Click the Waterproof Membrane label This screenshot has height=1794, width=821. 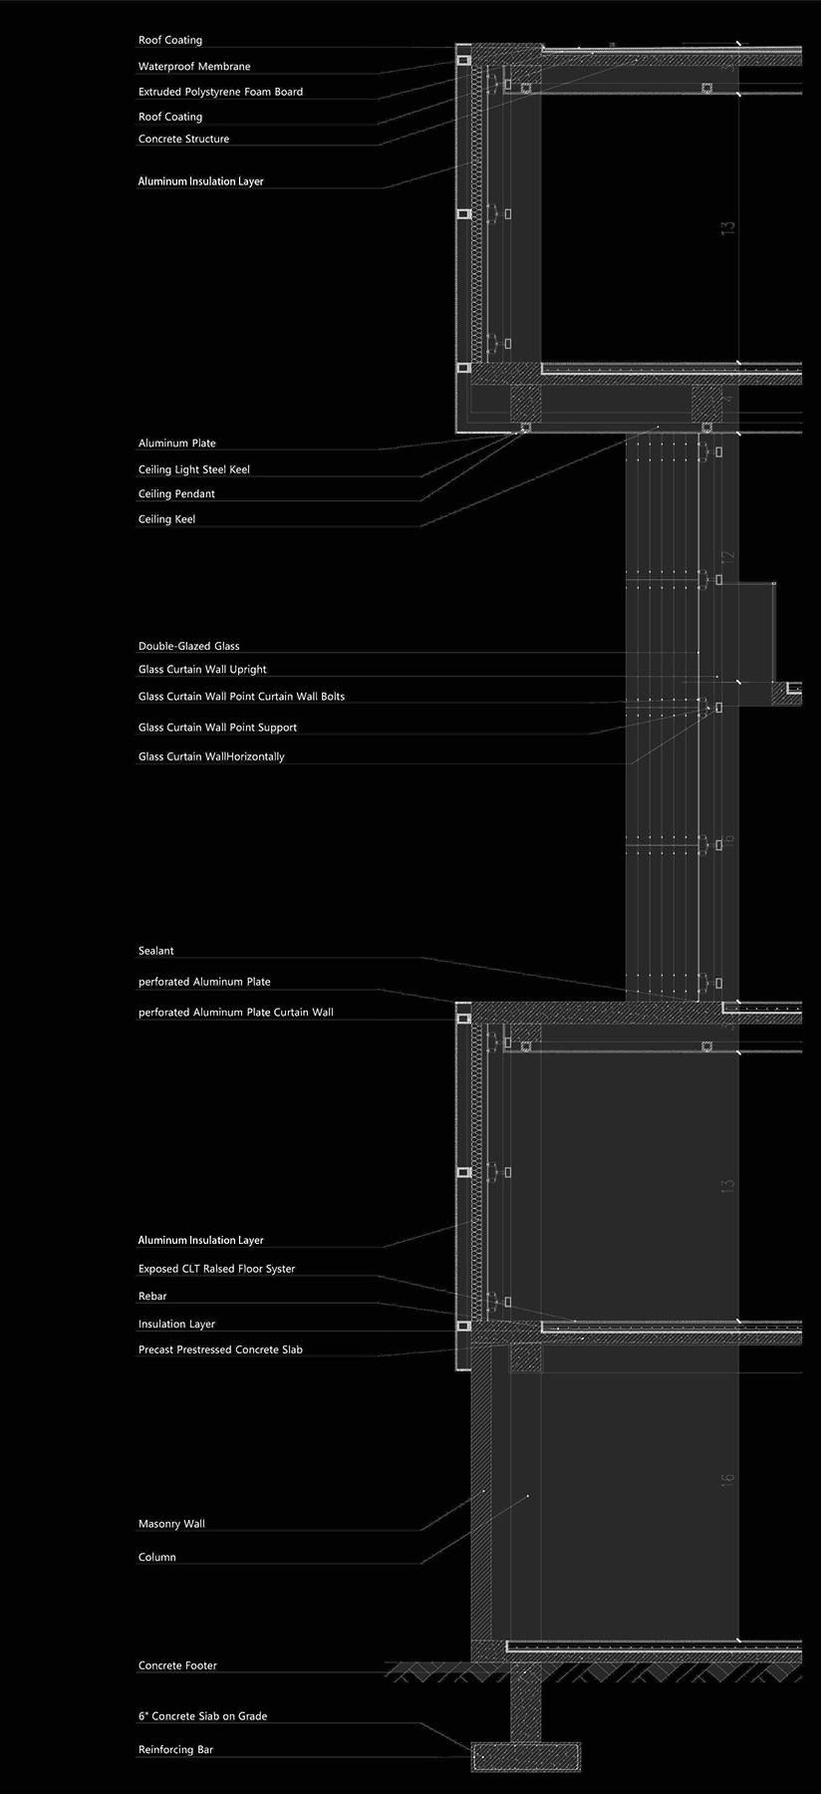tap(194, 67)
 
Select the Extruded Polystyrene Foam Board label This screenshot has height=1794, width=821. tap(220, 92)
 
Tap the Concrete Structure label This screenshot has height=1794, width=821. tap(183, 140)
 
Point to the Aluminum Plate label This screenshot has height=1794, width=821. tap(176, 444)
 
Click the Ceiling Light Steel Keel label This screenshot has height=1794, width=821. tap(194, 469)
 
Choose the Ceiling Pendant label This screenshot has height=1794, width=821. tap(176, 494)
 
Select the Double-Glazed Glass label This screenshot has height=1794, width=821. tap(188, 647)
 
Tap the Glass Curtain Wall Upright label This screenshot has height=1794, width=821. tap(202, 670)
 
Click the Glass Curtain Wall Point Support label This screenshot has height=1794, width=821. tap(217, 728)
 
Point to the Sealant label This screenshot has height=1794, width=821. tap(155, 951)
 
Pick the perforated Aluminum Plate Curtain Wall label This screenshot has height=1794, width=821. tap(235, 1013)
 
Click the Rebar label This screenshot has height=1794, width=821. tap(152, 1297)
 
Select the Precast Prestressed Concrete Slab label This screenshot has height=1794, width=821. tap(220, 1349)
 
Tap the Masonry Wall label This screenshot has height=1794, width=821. tap(171, 1524)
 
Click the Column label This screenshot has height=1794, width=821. tap(156, 1557)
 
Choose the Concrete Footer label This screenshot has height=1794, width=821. tap(177, 1665)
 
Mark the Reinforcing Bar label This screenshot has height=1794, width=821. tap(175, 1749)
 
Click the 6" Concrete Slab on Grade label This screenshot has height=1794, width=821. tap(202, 1716)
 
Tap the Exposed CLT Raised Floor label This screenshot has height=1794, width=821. tap(216, 1269)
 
